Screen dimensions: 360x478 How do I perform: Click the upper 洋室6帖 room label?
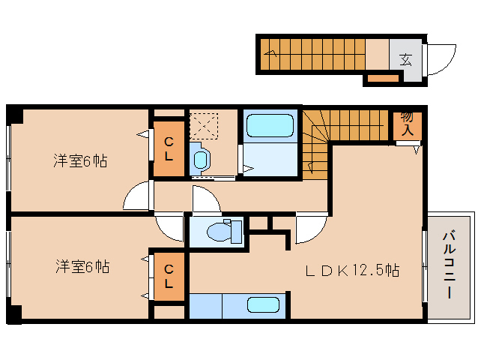point(79,160)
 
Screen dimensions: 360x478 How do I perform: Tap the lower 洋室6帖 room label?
point(82,266)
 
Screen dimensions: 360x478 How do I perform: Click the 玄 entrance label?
point(405,58)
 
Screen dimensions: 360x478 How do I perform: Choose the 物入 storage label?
point(408,123)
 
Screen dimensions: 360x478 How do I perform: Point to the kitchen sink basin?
point(262,305)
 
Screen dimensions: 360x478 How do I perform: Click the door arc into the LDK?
point(312,229)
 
